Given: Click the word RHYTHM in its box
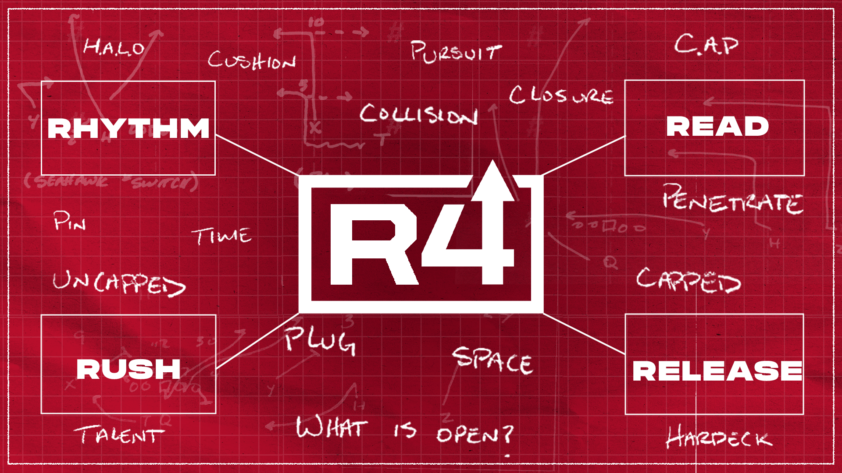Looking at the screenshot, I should [x=128, y=128].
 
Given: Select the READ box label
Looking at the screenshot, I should [x=717, y=127].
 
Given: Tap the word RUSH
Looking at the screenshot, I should [x=128, y=369].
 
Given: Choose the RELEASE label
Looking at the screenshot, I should [x=717, y=371].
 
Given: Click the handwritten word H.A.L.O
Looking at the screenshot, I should [x=114, y=47].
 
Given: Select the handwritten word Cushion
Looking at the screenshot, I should [x=252, y=60].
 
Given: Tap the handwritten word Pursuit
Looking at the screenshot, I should [x=455, y=52].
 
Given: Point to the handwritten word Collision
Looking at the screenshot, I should [x=418, y=115].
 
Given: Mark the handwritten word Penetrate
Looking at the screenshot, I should [x=732, y=200].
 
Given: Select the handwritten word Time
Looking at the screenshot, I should [x=222, y=236].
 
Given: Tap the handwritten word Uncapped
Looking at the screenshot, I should [x=118, y=283].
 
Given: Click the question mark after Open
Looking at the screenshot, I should [x=507, y=434].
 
